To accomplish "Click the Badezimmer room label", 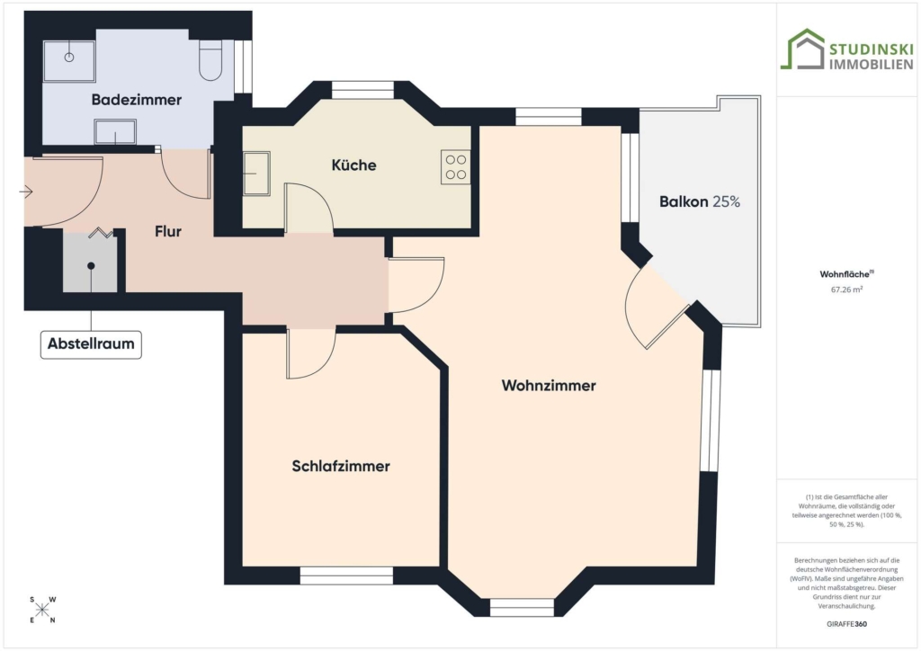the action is [137, 100].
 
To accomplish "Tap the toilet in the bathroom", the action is [210, 60].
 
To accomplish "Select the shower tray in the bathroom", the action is [69, 61].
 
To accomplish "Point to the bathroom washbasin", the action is [115, 131].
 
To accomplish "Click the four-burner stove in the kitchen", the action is [456, 167].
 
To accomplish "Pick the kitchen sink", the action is [256, 174].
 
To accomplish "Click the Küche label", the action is [353, 165].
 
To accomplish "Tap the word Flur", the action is [168, 231].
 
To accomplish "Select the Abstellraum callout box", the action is [91, 344].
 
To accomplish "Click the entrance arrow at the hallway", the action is [26, 192].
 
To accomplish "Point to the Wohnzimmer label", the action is [549, 386].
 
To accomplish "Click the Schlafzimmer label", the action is [341, 466].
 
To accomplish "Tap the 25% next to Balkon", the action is [727, 202].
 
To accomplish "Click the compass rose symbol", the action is [41, 610].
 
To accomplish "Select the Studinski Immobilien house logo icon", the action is [802, 49].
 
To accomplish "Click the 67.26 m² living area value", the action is [846, 290].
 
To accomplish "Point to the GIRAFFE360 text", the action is [846, 624].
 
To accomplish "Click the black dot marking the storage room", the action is [91, 266].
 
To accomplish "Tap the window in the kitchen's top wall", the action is [362, 90].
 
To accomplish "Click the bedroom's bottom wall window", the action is [346, 575].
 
